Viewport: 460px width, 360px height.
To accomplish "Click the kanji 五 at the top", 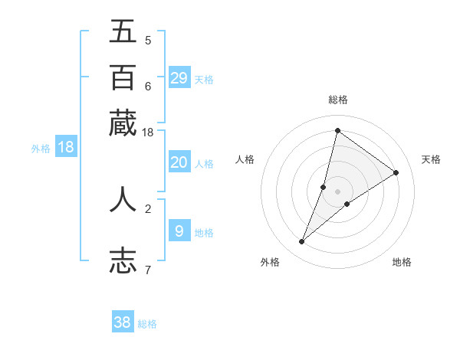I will pos(123,31).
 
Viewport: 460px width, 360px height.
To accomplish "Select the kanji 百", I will pos(123,77).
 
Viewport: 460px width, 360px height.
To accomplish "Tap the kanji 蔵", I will pos(123,123).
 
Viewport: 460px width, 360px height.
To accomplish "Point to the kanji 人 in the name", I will pos(123,199).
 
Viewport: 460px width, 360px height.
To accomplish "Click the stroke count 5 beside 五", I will pos(147,41).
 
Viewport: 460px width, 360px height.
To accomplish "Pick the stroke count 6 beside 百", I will pos(147,86).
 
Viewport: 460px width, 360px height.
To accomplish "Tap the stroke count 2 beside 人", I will pos(147,208).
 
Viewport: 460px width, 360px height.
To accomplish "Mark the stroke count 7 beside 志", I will pos(147,269).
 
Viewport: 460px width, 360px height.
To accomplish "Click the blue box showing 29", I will pos(179,78).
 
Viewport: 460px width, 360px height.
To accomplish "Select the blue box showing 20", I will pos(179,162).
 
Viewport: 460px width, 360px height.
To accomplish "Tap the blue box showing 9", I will pos(179,231).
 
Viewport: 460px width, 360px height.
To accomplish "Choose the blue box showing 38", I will pos(123,322).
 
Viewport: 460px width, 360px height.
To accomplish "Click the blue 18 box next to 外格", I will pos(66,147).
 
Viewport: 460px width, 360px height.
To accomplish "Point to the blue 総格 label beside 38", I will pos(147,324).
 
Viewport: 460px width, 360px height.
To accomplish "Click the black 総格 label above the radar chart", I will pos(337,100).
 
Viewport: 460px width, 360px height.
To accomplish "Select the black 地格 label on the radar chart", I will pos(402,262).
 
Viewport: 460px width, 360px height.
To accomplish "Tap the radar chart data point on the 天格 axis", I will pos(396,172).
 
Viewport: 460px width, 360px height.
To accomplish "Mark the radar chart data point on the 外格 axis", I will pos(302,242).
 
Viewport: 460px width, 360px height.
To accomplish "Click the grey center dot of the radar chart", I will pos(337,191).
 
